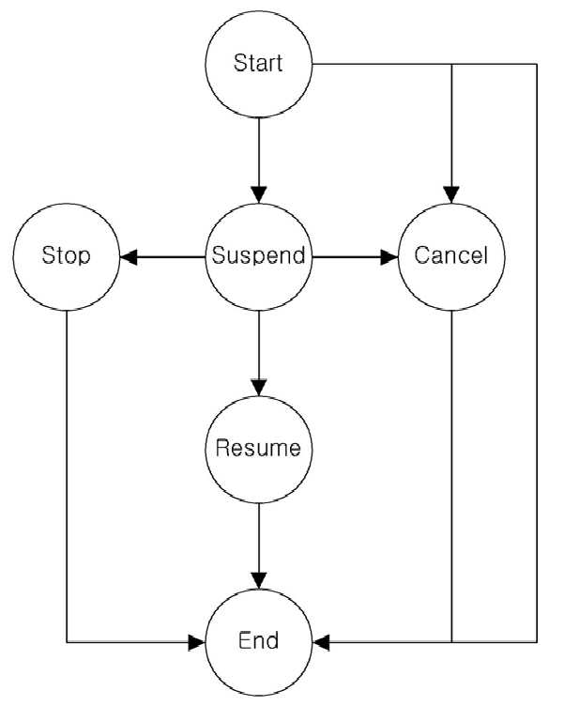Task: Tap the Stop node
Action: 67,256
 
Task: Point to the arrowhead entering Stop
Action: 129,257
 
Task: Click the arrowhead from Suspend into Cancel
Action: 389,257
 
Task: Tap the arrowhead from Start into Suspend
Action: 259,195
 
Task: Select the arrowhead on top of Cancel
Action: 451,195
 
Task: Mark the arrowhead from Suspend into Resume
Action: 259,388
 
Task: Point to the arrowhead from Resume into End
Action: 259,580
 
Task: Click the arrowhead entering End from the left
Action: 197,642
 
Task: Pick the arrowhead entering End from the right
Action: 321,642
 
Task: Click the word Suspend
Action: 259,255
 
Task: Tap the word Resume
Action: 258,449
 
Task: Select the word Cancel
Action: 451,255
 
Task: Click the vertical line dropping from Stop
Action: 67,476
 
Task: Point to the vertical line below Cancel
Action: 451,476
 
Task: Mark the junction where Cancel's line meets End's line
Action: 451,642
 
